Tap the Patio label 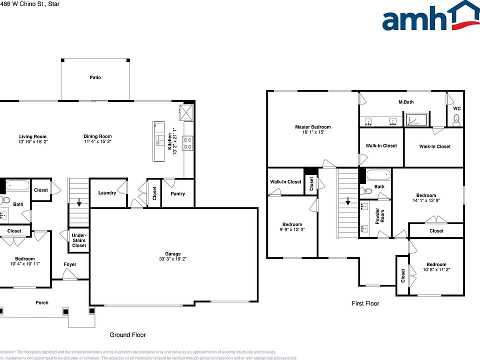[x=95, y=77]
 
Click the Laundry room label [x=107, y=193]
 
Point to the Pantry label [x=177, y=194]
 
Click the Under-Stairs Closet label [x=79, y=240]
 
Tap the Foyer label [x=70, y=264]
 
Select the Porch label [x=42, y=302]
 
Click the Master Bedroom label [x=312, y=127]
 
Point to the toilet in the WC [x=455, y=119]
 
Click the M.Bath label [x=406, y=102]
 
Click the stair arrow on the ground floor [x=78, y=203]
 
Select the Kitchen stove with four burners [x=188, y=143]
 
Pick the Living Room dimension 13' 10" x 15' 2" [x=32, y=141]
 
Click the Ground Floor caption [x=127, y=334]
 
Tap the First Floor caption [x=365, y=303]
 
